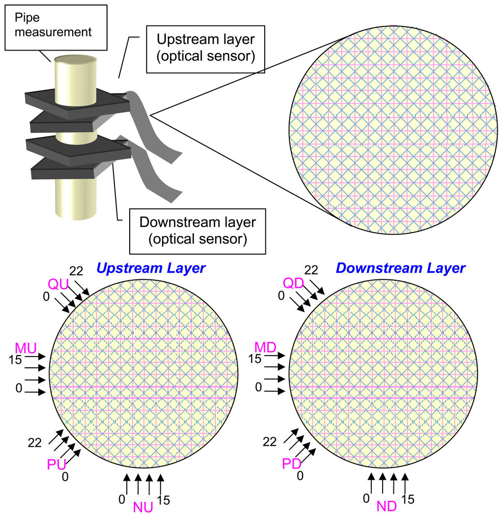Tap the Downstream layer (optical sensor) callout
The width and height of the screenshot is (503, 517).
point(197,230)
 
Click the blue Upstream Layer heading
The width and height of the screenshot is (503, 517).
point(151,268)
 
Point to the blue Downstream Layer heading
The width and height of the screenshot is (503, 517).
point(400,268)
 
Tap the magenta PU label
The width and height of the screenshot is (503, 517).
point(57,464)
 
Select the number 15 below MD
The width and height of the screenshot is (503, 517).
point(254,359)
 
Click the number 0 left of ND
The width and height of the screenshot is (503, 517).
point(366,498)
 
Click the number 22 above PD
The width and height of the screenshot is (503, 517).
point(270,442)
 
